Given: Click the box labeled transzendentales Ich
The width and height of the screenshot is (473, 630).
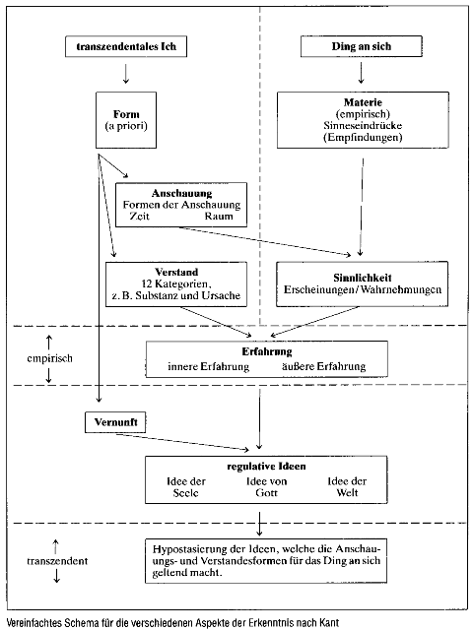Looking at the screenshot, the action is tap(126, 46).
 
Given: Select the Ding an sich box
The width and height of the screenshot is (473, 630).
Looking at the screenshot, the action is tap(362, 46).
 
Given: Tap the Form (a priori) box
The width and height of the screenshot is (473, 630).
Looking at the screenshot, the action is tap(126, 120).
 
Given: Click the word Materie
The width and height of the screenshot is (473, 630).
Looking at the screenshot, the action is tap(363, 102).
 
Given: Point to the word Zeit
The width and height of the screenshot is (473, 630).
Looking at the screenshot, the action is tap(140, 217).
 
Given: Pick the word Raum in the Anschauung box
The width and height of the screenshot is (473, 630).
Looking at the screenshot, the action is tap(219, 217).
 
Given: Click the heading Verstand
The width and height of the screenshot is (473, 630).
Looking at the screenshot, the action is tap(176, 272).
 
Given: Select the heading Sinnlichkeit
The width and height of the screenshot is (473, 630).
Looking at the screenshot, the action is tap(362, 278).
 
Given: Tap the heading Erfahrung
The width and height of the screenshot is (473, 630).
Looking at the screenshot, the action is tap(267, 352).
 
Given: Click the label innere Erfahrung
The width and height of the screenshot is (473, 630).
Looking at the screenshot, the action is tap(208, 366).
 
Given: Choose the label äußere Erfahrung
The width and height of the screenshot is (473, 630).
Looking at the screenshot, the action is tap(324, 366).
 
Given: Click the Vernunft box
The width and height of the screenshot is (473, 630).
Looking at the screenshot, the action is tap(115, 422).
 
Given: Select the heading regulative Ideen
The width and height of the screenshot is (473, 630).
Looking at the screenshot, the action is tap(266, 467).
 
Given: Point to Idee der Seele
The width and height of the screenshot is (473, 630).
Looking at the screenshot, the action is tap(186, 487).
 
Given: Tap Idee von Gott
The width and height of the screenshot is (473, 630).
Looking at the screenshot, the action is tap(266, 487).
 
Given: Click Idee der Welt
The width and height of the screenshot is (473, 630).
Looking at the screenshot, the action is tap(347, 487).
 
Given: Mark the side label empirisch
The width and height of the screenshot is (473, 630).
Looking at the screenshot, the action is tap(49, 358).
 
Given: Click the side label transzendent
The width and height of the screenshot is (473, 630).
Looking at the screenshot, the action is tap(57, 561).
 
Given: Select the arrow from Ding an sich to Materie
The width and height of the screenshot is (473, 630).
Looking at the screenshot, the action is tap(361, 72).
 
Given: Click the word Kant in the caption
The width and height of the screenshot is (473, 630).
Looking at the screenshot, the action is tap(329, 623).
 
